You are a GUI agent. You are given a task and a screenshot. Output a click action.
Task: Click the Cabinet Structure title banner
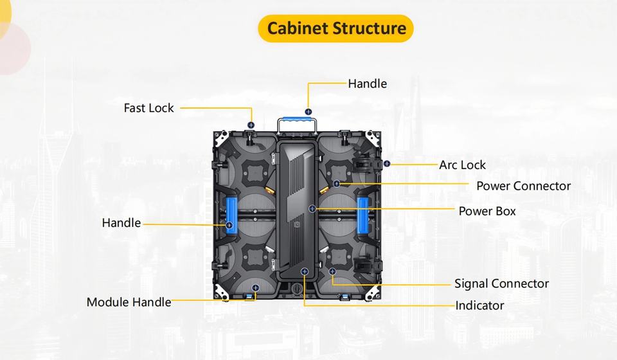coord(335,28)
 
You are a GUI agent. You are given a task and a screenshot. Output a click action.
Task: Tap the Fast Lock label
coord(148,108)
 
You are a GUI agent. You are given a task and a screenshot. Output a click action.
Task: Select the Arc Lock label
coord(462,165)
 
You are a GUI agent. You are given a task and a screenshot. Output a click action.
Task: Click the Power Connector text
coord(523,186)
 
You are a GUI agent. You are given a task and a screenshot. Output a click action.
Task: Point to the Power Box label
coord(487,212)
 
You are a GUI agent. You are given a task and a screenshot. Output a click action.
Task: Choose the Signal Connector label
coord(502,283)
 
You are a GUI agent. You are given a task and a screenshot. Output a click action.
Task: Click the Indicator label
coord(479,305)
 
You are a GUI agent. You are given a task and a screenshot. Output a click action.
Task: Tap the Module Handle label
coord(129,302)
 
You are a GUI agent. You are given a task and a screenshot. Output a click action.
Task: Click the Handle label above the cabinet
coord(368,84)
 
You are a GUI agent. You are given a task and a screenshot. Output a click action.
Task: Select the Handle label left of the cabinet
coord(121,222)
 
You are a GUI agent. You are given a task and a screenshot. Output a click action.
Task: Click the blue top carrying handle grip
coord(297,120)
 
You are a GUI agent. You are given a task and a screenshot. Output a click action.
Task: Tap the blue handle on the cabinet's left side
coord(230,215)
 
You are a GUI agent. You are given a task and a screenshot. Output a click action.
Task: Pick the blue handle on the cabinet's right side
coord(362,215)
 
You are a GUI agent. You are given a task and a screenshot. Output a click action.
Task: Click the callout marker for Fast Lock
coord(251,125)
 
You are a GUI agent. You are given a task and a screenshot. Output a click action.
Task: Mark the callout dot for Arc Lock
coord(387,163)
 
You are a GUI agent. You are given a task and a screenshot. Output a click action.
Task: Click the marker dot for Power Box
coord(312,208)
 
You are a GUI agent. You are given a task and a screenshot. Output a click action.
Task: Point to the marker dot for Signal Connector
coord(332,271)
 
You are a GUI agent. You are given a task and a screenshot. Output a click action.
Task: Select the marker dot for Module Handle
coord(255,288)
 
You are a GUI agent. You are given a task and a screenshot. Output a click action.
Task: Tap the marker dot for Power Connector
coord(336,184)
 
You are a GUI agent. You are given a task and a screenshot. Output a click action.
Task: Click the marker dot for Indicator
coord(304,271)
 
